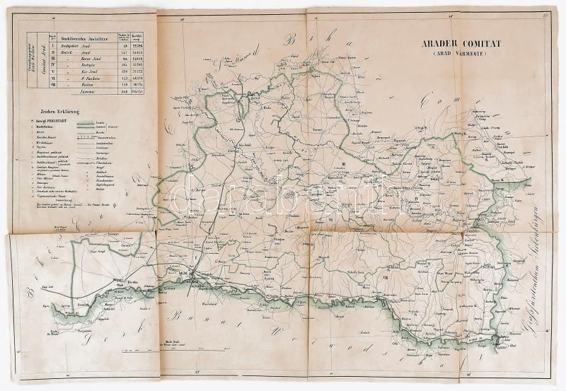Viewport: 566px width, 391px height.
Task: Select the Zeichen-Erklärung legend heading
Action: click(62, 111)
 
